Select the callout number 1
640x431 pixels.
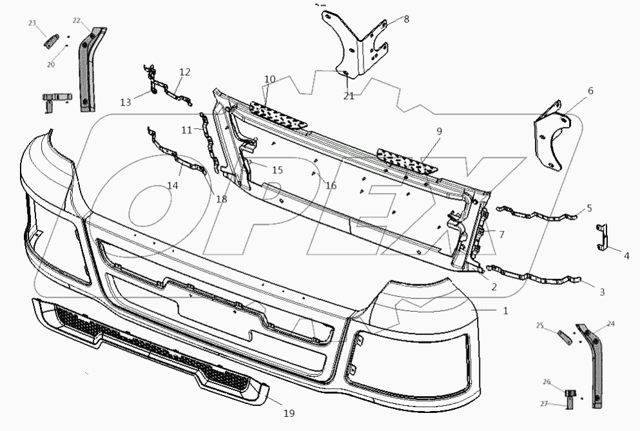point(505,311)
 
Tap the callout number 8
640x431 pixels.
point(406,19)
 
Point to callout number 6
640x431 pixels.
point(590,91)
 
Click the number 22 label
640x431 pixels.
point(76,21)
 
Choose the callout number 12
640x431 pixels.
point(185,72)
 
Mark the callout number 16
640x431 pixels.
point(331,186)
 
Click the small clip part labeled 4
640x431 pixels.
point(602,236)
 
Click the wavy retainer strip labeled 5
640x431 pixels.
point(538,213)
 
